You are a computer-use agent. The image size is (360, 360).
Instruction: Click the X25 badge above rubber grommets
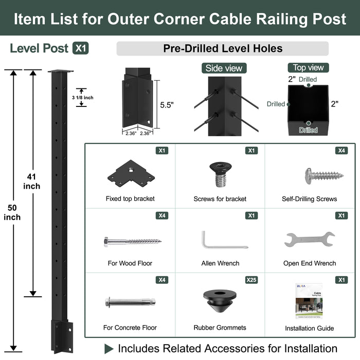tap(251, 280)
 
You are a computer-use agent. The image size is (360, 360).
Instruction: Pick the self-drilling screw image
tap(323, 175)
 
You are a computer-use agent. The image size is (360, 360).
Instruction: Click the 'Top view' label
tap(308, 67)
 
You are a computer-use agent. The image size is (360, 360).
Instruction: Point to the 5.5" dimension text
tap(167, 105)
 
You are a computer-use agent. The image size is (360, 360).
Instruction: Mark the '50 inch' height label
tap(12, 212)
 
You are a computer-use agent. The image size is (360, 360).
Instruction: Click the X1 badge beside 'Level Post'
tap(81, 48)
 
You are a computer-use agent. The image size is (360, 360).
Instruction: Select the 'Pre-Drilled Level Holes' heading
tap(223, 49)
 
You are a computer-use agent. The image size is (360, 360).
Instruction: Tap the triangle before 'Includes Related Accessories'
tap(109, 349)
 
